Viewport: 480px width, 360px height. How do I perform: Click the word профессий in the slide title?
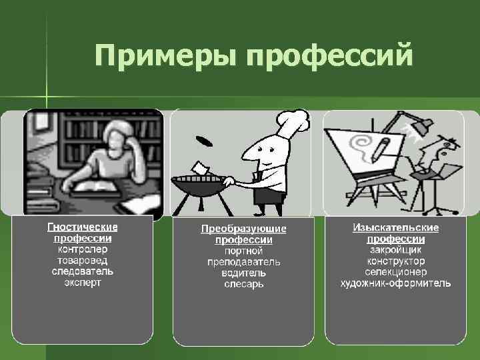[x=330, y=57]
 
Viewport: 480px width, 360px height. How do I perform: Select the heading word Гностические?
[x=83, y=227]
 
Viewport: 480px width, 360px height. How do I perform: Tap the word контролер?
[x=83, y=249]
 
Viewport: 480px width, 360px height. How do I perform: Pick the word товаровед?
[x=83, y=261]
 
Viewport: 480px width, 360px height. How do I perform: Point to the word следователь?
[x=83, y=271]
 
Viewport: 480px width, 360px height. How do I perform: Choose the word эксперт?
[x=83, y=283]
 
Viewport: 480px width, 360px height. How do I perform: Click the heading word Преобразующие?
[x=243, y=229]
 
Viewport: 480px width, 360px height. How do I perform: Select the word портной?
[x=243, y=251]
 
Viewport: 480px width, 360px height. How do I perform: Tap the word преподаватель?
[x=243, y=262]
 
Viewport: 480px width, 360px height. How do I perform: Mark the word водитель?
[x=243, y=273]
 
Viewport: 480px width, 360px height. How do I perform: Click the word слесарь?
[x=243, y=284]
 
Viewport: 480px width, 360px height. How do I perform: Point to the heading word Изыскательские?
[x=395, y=227]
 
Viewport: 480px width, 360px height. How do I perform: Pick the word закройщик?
[x=395, y=250]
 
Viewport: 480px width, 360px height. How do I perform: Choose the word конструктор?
[x=395, y=261]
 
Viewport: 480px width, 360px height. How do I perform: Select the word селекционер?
[x=395, y=272]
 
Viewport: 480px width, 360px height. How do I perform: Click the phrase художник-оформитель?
[x=395, y=283]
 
